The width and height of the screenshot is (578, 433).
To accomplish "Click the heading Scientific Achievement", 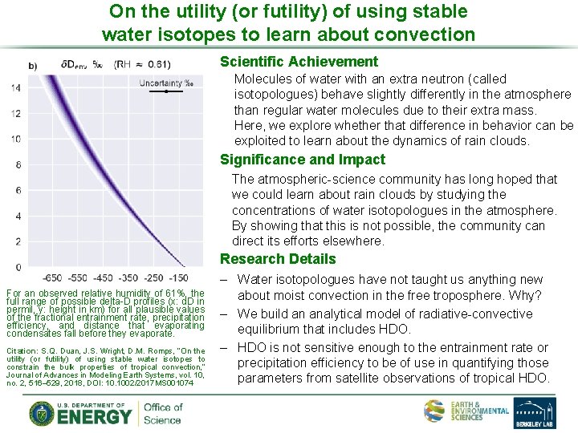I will click(299, 62).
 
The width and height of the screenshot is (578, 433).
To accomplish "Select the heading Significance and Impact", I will click(303, 160).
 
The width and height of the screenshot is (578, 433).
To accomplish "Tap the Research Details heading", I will click(278, 259).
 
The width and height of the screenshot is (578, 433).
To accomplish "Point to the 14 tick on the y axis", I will click(16, 88).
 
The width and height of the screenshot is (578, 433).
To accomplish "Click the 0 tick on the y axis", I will click(18, 266).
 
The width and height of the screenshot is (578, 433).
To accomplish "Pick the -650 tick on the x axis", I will click(53, 278).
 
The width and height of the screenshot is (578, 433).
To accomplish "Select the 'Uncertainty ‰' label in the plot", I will click(166, 83).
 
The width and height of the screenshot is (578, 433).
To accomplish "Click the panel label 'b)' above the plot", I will click(33, 65).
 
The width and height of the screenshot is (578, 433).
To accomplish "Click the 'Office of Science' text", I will click(163, 413).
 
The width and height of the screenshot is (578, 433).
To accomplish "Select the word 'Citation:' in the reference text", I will click(22, 351).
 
